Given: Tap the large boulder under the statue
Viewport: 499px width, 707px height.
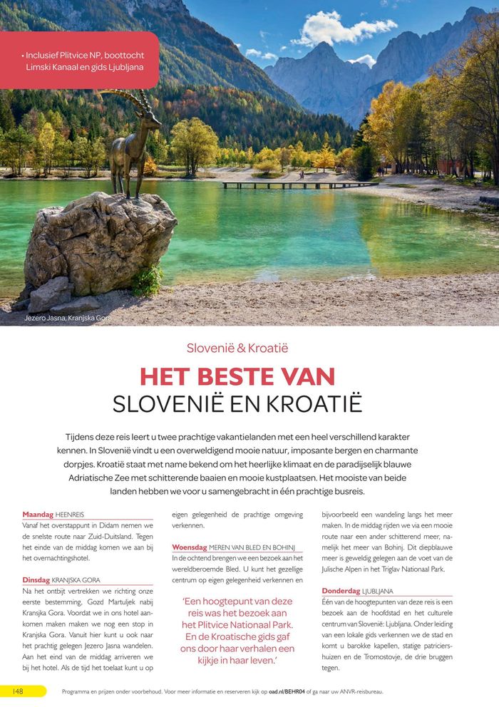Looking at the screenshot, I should pos(100,242).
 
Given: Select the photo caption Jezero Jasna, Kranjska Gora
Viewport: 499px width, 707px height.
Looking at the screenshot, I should pos(68,317).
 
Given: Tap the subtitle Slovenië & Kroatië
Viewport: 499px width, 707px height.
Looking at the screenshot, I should pos(237,349).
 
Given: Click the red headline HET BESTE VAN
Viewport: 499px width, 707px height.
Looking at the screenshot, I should pos(237,376).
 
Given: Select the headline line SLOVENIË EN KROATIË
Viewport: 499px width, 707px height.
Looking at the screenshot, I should pos(237,403).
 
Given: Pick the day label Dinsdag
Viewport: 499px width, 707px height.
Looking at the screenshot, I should pos(36,580).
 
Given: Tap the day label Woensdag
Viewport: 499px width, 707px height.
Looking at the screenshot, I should pos(190,547).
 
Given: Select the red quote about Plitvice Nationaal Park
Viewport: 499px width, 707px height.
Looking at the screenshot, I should pos(237,630).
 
